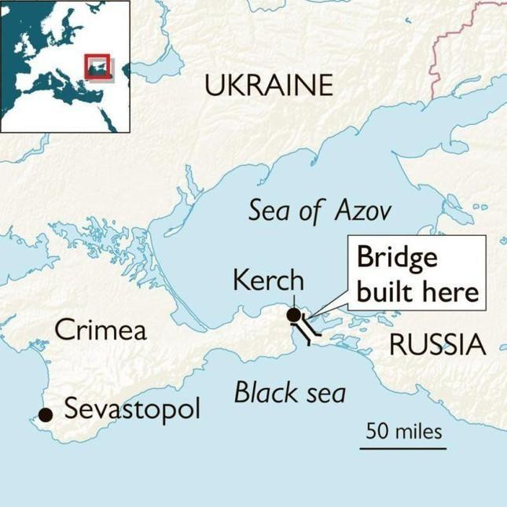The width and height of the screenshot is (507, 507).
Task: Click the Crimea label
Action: point(101,330)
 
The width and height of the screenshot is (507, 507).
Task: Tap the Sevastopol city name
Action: point(132,410)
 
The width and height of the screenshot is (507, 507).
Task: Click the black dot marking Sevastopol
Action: point(46,414)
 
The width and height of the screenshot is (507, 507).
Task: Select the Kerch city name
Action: point(268,280)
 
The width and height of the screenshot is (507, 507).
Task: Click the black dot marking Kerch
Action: point(294,315)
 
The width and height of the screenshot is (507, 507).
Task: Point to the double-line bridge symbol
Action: point(310,330)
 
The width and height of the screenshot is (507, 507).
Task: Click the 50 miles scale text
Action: point(403,431)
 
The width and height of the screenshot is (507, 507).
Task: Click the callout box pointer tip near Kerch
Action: point(306,318)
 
